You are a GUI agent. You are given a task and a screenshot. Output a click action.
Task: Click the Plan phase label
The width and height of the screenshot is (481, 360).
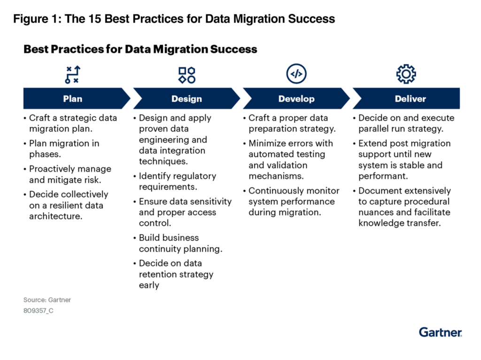[x=73, y=99]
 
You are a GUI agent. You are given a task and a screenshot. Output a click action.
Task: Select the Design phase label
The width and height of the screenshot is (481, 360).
[x=186, y=99]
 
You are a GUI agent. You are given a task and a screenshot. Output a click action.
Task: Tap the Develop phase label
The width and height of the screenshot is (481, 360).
[x=296, y=99]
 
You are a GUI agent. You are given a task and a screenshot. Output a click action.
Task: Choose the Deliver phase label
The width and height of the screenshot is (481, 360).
[x=410, y=99]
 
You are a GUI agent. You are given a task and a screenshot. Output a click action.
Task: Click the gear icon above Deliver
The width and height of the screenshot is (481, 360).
[x=406, y=74]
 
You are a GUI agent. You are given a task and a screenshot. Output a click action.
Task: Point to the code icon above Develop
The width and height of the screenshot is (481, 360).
[x=296, y=74]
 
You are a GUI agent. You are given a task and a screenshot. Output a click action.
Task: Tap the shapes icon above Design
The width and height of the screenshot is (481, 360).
[x=187, y=75]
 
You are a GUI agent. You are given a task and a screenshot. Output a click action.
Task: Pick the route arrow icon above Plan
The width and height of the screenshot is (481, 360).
[x=73, y=75]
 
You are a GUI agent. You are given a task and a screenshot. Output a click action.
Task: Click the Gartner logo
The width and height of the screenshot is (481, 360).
[x=441, y=332]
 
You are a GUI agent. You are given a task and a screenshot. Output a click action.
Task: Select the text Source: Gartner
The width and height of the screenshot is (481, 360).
[x=47, y=300]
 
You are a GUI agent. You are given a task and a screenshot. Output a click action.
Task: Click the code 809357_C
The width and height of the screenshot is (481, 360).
[x=39, y=311]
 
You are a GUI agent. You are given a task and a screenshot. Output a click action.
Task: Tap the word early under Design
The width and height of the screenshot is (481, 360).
[x=149, y=285]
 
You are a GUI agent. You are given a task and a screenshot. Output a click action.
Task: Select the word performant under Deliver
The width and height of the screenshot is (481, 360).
[x=383, y=176]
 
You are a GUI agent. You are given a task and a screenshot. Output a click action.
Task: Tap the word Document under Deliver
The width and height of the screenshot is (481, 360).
[x=380, y=191]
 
